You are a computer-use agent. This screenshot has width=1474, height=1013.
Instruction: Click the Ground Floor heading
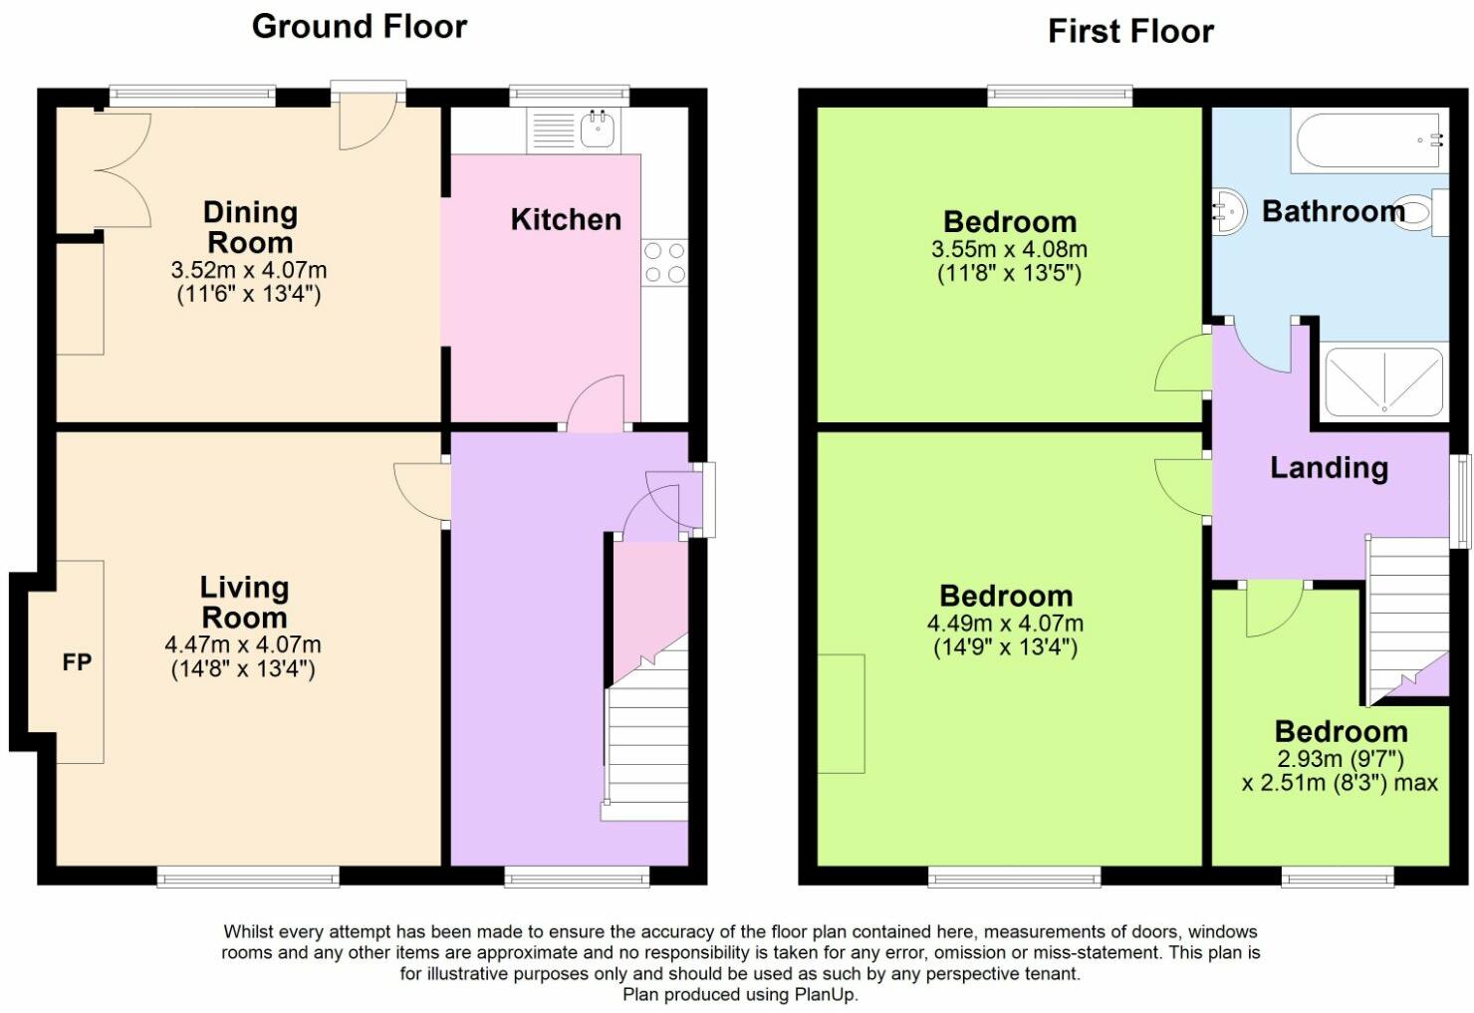click(x=360, y=28)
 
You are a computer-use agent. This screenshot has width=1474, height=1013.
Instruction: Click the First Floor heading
click(x=1130, y=32)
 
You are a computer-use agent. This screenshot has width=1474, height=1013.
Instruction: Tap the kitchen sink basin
click(x=598, y=129)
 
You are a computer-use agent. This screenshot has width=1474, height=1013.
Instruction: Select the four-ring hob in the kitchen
click(x=664, y=262)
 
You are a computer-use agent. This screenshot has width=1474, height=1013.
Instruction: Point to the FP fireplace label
click(x=77, y=662)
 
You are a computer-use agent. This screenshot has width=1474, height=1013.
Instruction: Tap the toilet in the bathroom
click(x=1421, y=212)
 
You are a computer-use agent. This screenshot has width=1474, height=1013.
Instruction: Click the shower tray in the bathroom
click(x=1383, y=381)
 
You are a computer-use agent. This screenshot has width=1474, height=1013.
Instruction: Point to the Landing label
click(x=1330, y=467)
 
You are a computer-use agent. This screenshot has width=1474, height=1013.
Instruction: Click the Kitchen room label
click(x=566, y=220)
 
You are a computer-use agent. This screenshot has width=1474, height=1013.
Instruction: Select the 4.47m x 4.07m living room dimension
click(x=243, y=643)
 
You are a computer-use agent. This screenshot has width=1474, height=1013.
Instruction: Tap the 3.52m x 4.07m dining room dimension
click(x=249, y=270)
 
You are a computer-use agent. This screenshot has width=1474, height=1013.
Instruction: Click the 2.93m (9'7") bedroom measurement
click(x=1341, y=759)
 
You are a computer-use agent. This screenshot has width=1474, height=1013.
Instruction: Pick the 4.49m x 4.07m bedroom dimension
click(x=1005, y=623)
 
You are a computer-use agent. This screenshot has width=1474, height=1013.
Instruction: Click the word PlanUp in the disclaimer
click(x=826, y=994)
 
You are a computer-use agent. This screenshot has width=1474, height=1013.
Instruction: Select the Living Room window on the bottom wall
click(x=248, y=877)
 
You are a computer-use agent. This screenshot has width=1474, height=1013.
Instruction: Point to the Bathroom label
click(x=1334, y=212)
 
